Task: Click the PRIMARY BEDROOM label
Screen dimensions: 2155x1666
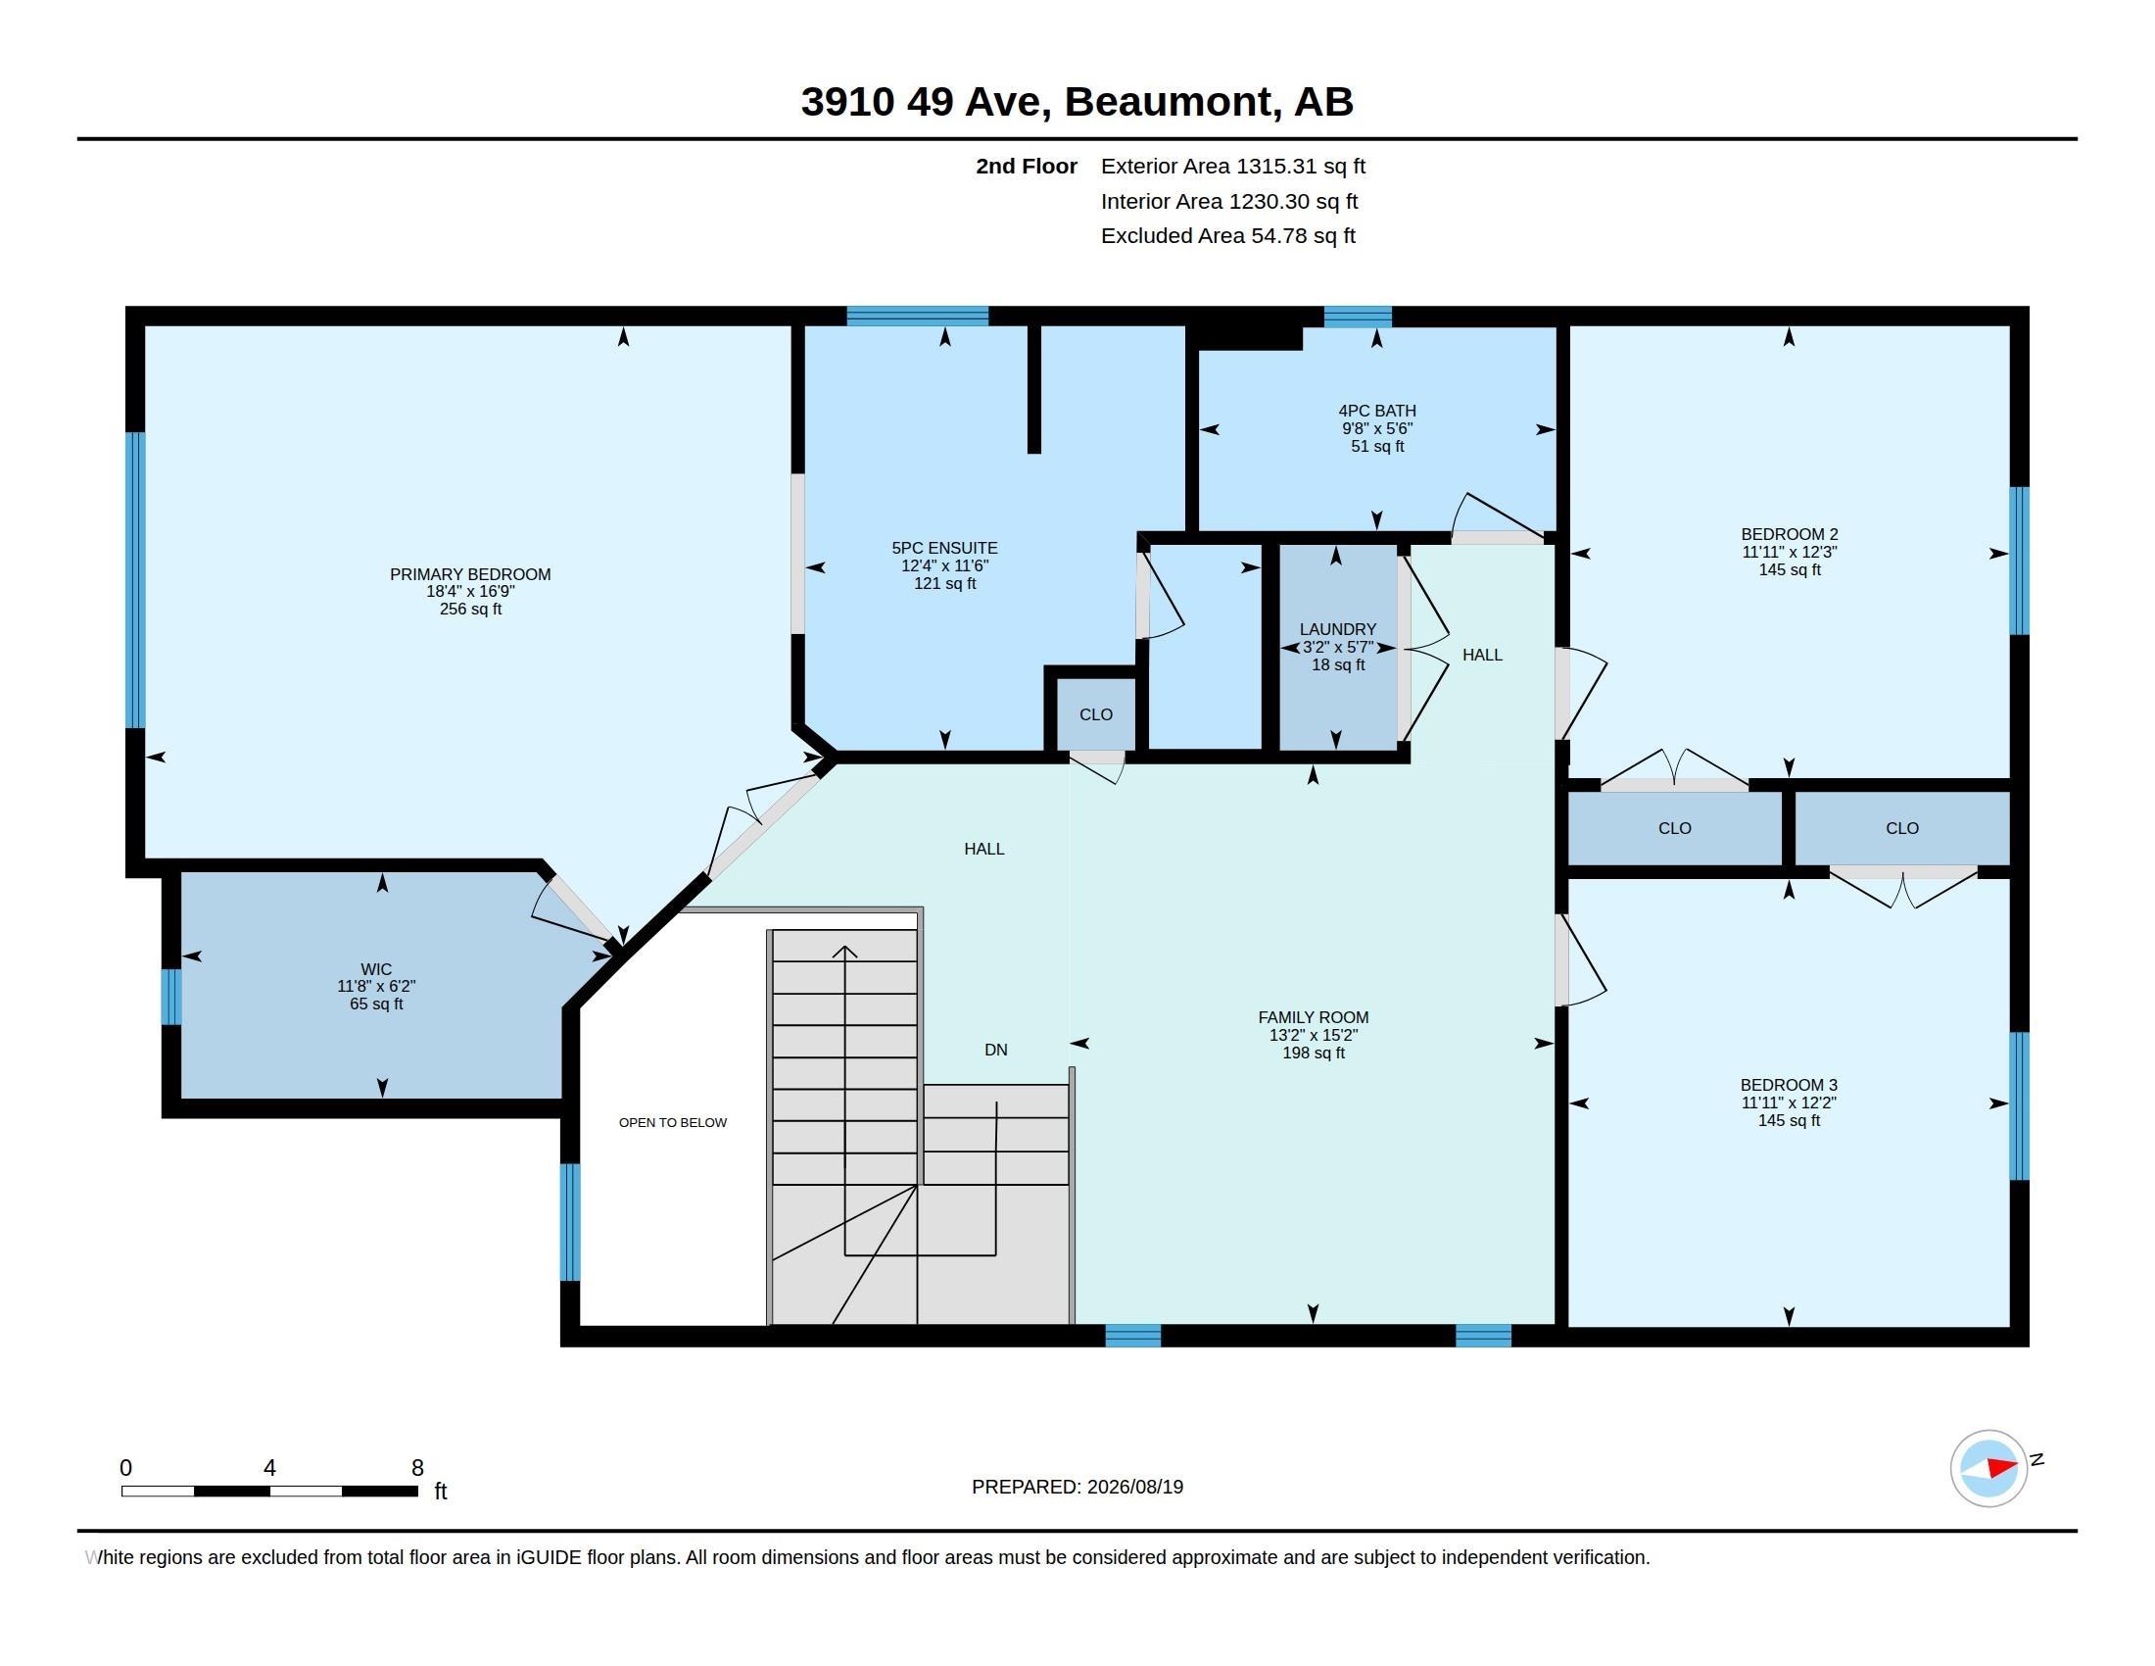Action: tap(469, 574)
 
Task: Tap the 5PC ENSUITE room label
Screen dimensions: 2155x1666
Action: tap(944, 548)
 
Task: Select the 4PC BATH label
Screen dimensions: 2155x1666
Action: tap(1376, 411)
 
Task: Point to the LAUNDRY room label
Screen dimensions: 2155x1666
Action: tap(1337, 629)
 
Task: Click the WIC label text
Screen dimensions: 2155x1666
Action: tap(376, 969)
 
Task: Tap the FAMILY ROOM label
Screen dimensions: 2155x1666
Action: tap(1313, 1016)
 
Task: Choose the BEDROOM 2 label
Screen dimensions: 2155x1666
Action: tap(1789, 534)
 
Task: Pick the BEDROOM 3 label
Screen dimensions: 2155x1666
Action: tap(1788, 1085)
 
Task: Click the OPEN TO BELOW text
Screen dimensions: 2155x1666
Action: tap(673, 1122)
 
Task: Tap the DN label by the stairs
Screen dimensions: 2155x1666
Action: tap(995, 1050)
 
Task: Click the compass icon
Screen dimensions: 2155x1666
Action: tap(1988, 1468)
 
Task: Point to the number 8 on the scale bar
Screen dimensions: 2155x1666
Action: tap(417, 1468)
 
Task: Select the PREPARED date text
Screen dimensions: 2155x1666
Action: tap(1077, 1487)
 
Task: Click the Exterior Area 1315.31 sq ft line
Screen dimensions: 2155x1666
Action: tap(1232, 166)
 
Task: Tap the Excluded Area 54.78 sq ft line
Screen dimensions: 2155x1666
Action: tap(1227, 235)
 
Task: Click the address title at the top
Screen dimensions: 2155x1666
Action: tap(1077, 101)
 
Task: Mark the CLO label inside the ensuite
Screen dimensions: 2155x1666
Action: tap(1095, 714)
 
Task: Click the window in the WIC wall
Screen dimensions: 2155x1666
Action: tap(171, 997)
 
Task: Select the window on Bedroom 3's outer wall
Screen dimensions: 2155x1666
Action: tap(2019, 1105)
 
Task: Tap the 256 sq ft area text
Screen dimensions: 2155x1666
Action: tap(469, 609)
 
